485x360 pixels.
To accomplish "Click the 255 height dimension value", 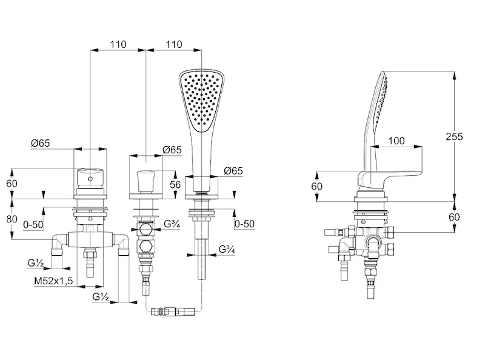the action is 454,136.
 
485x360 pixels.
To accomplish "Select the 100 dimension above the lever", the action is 396,141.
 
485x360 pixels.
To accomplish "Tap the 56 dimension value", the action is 175,184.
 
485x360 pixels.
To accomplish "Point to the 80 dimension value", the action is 12,219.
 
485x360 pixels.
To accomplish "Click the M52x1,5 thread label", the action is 53,281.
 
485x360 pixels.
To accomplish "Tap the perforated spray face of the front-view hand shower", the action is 201,101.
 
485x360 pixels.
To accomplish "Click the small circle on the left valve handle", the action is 90,179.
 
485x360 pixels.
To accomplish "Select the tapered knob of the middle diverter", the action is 145,181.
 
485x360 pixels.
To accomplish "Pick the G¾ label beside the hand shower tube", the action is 226,249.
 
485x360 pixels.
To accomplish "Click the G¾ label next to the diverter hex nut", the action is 172,224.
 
